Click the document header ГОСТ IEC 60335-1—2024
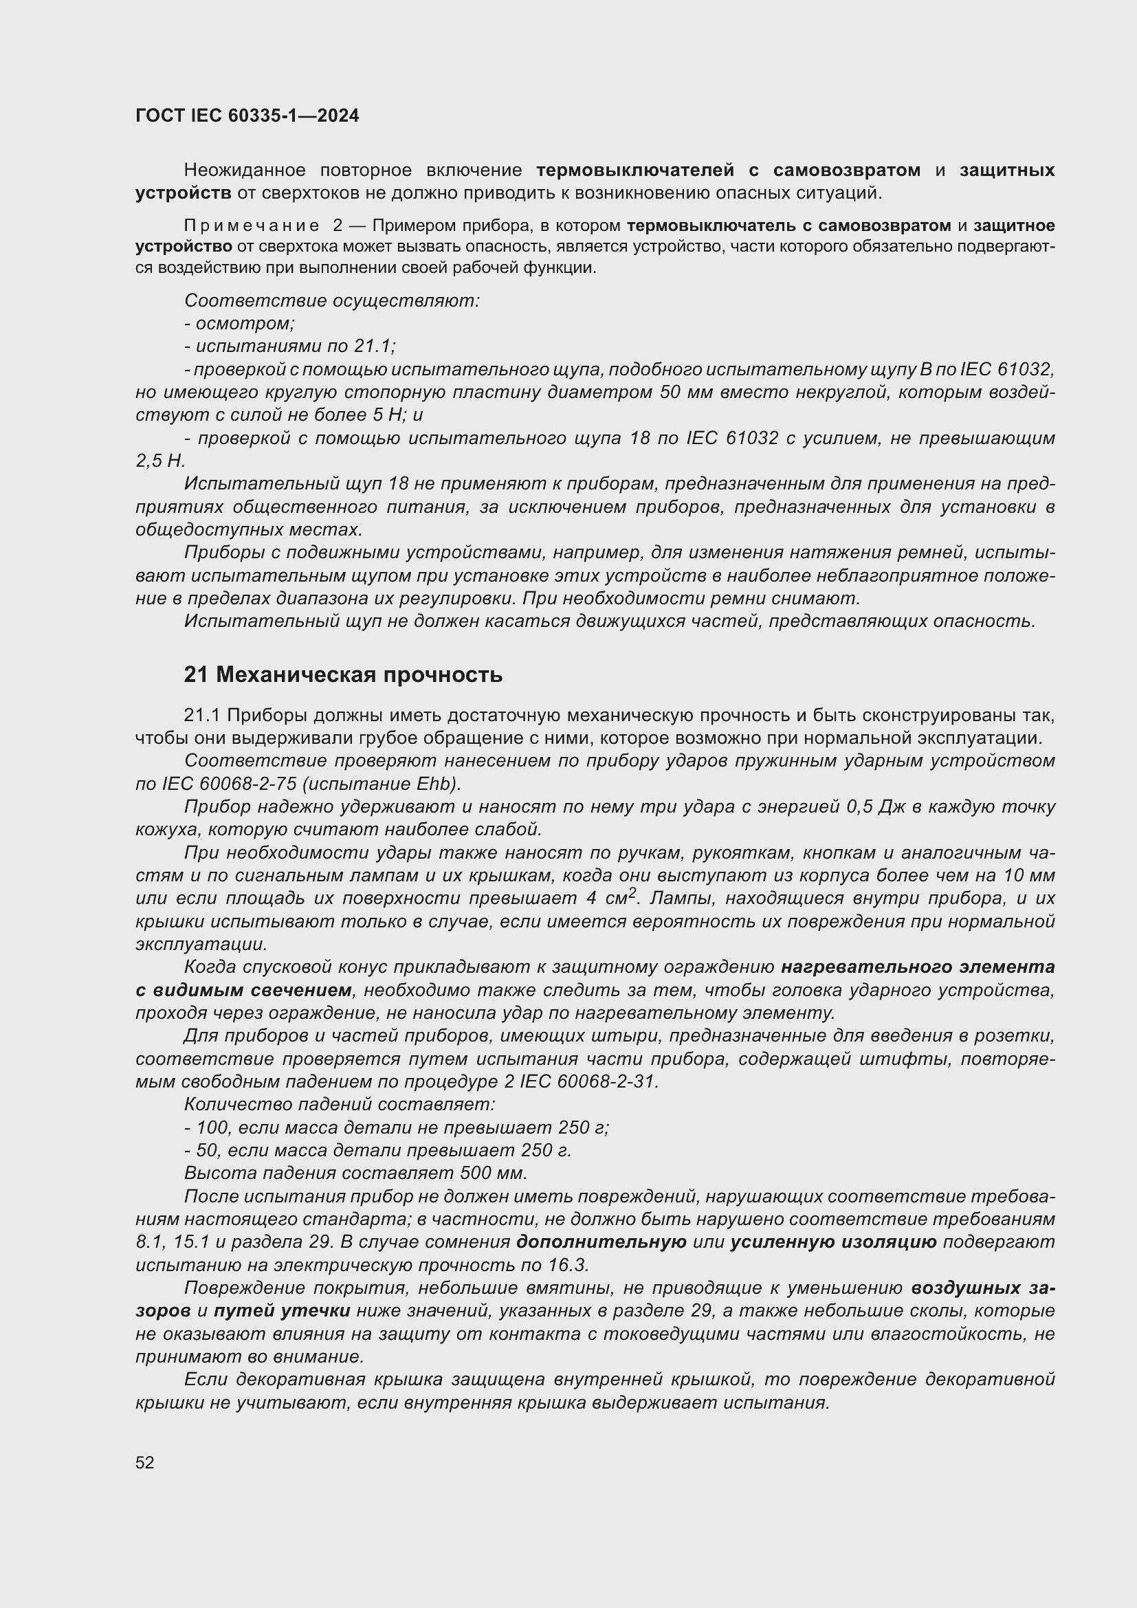coord(247,115)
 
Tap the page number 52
coord(145,1462)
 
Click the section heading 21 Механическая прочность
coord(343,674)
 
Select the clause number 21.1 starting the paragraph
coord(201,715)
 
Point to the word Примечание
coord(252,225)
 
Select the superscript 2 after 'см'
coord(632,893)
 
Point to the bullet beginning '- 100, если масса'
coord(396,1127)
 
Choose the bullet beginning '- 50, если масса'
coord(377,1150)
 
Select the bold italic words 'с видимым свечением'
coord(243,990)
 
